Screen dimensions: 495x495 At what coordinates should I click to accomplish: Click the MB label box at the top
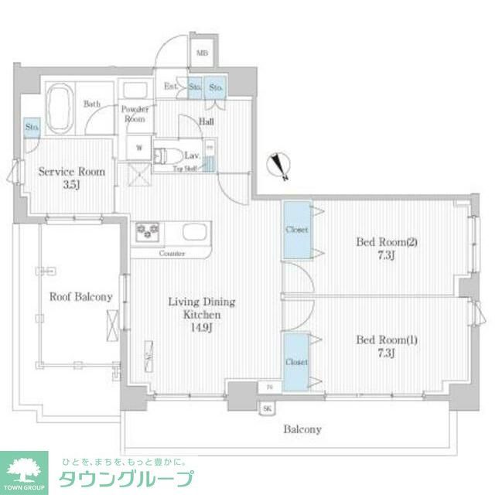pos(202,53)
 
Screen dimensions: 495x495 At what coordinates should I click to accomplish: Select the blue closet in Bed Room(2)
pos(296,230)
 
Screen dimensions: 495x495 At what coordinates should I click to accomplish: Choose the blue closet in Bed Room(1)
pos(296,361)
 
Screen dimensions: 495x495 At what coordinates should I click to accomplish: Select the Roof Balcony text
pos(81,296)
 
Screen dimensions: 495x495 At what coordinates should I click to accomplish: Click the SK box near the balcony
pos(268,408)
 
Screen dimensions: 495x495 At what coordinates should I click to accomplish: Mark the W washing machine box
pos(140,146)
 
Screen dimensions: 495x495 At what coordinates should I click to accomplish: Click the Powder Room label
pos(134,114)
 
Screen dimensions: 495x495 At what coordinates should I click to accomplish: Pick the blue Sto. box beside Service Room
pos(32,127)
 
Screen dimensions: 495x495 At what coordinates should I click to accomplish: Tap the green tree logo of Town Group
pos(24,469)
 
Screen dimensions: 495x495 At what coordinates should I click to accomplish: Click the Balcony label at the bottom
pos(302,429)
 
